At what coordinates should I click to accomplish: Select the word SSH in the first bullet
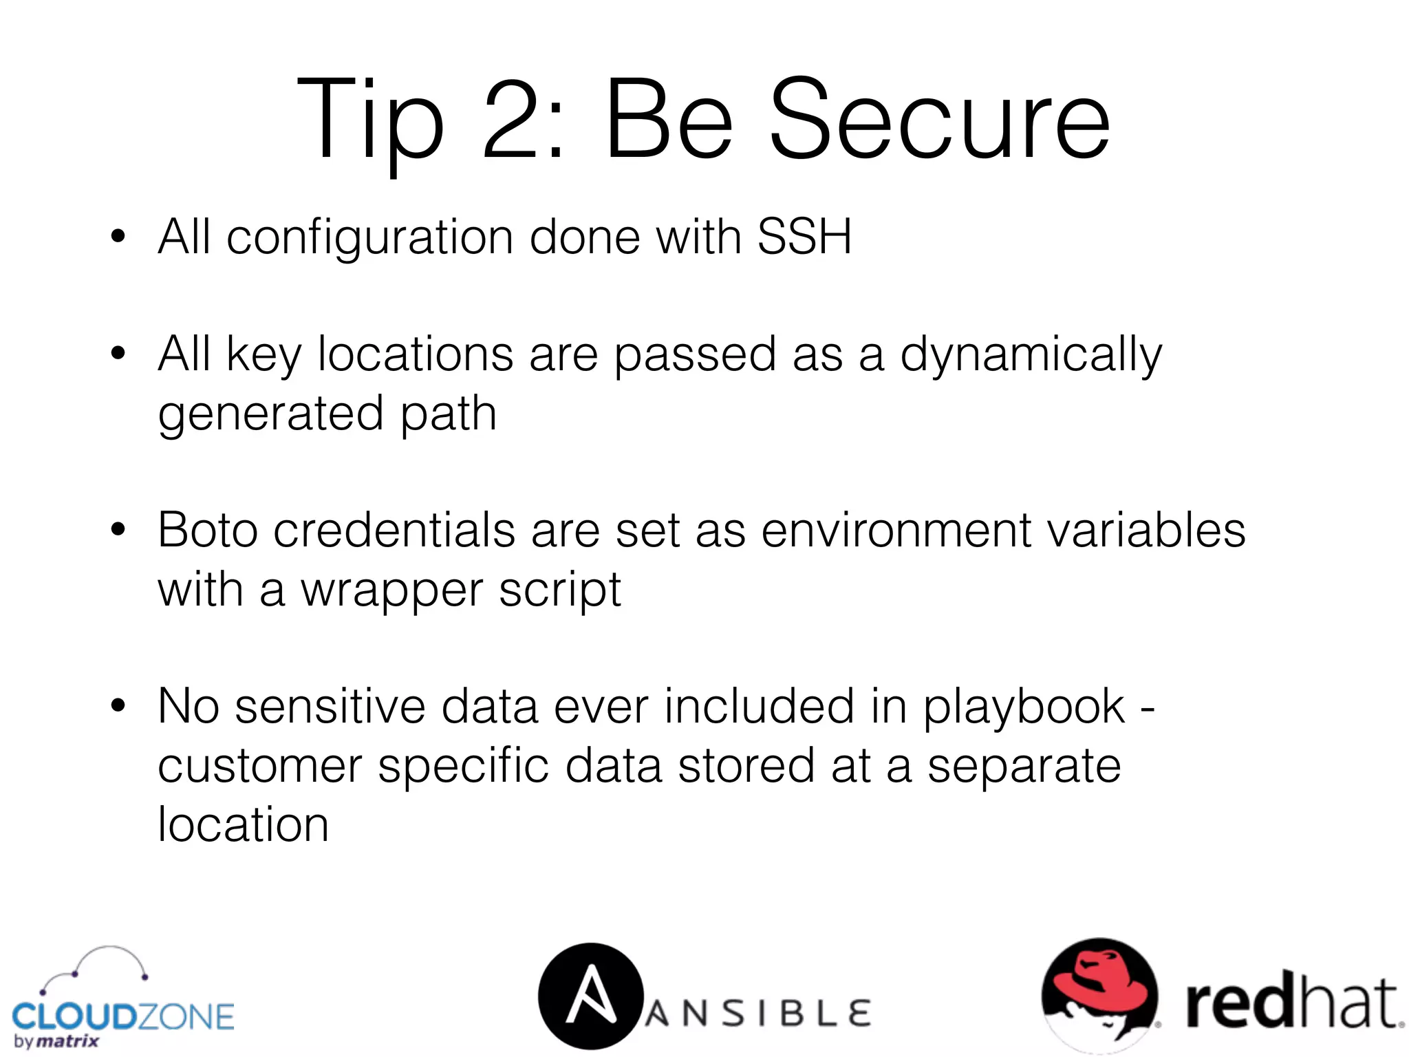804,237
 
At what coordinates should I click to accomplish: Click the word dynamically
1031,355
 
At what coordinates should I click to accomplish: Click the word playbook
1024,707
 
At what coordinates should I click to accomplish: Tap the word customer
260,766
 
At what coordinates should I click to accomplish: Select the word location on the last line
243,824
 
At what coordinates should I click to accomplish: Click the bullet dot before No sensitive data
118,706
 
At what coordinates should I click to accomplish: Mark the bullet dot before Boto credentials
118,530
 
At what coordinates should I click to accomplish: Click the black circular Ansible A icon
590,996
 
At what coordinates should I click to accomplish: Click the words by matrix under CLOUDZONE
56,1041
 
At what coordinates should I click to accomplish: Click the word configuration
370,237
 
